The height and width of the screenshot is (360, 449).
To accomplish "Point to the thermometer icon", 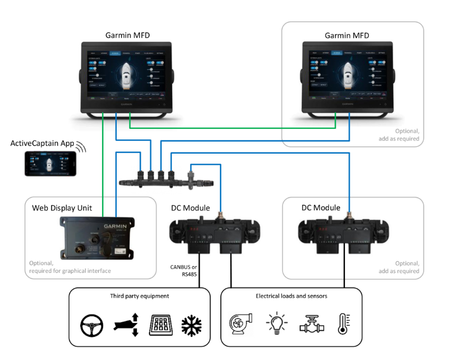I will [x=344, y=323].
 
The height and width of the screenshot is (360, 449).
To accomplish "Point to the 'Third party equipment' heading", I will [x=139, y=296].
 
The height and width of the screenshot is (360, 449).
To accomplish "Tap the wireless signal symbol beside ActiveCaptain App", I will [x=81, y=147].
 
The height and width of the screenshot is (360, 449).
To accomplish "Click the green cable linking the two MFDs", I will [x=232, y=127].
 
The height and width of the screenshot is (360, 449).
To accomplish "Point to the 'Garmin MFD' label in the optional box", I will [x=347, y=36].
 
